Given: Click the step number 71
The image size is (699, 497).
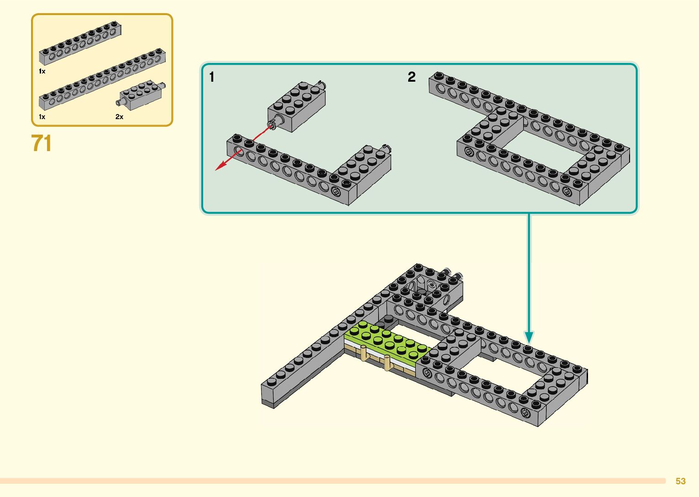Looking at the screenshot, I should tap(42, 143).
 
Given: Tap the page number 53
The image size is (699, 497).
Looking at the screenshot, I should tap(680, 481).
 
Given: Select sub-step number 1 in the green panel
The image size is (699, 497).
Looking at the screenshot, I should tap(211, 77).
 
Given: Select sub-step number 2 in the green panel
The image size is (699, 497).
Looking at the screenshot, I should tap(411, 77).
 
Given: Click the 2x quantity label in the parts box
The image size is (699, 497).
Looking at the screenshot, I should tap(119, 117).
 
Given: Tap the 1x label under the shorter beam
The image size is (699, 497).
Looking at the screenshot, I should tap(42, 71).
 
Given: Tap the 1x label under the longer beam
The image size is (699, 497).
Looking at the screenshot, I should tap(42, 117).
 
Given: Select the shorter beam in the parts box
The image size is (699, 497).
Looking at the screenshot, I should tap(80, 42).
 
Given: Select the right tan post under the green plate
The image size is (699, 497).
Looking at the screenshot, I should tap(388, 363).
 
